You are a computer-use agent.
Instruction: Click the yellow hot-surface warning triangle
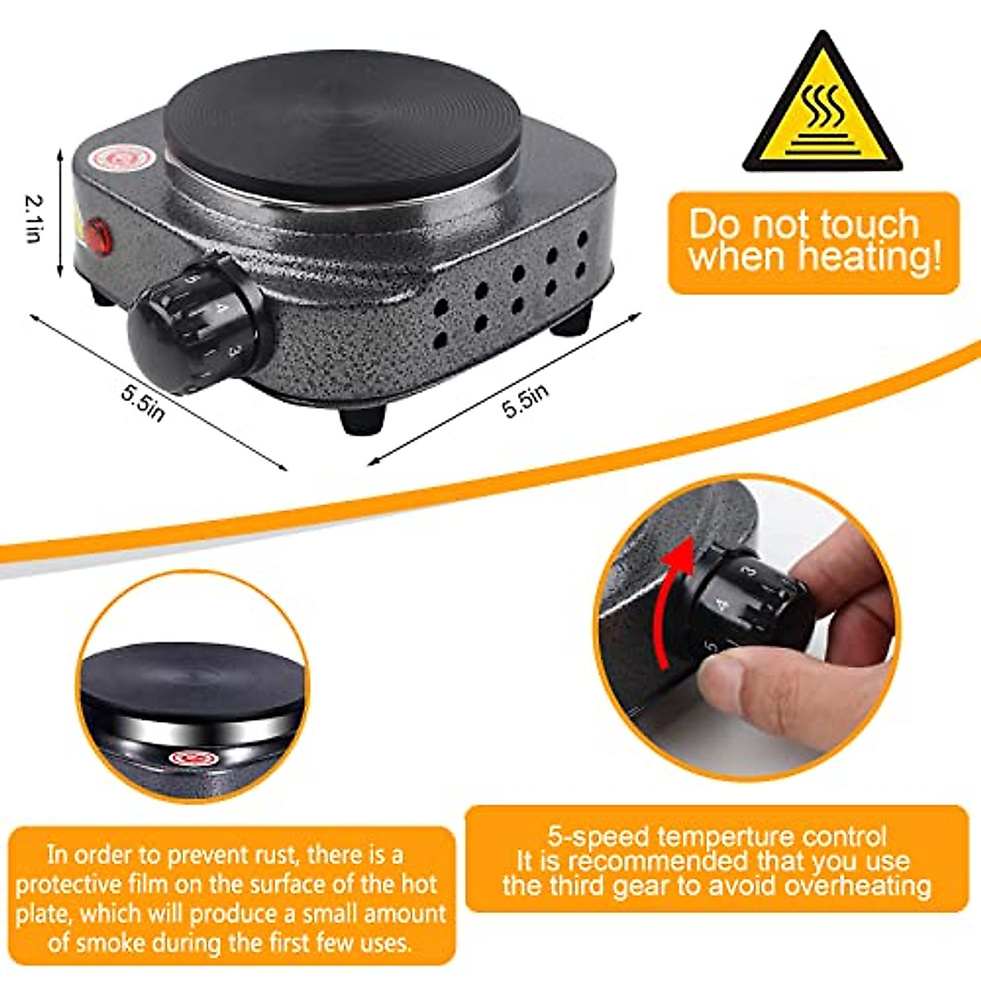click(x=822, y=110)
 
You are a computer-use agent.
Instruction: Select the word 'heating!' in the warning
click(x=870, y=256)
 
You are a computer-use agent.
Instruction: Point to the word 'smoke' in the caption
click(x=107, y=943)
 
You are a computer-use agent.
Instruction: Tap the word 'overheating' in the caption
click(x=858, y=886)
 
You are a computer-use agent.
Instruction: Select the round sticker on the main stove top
click(x=119, y=158)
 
